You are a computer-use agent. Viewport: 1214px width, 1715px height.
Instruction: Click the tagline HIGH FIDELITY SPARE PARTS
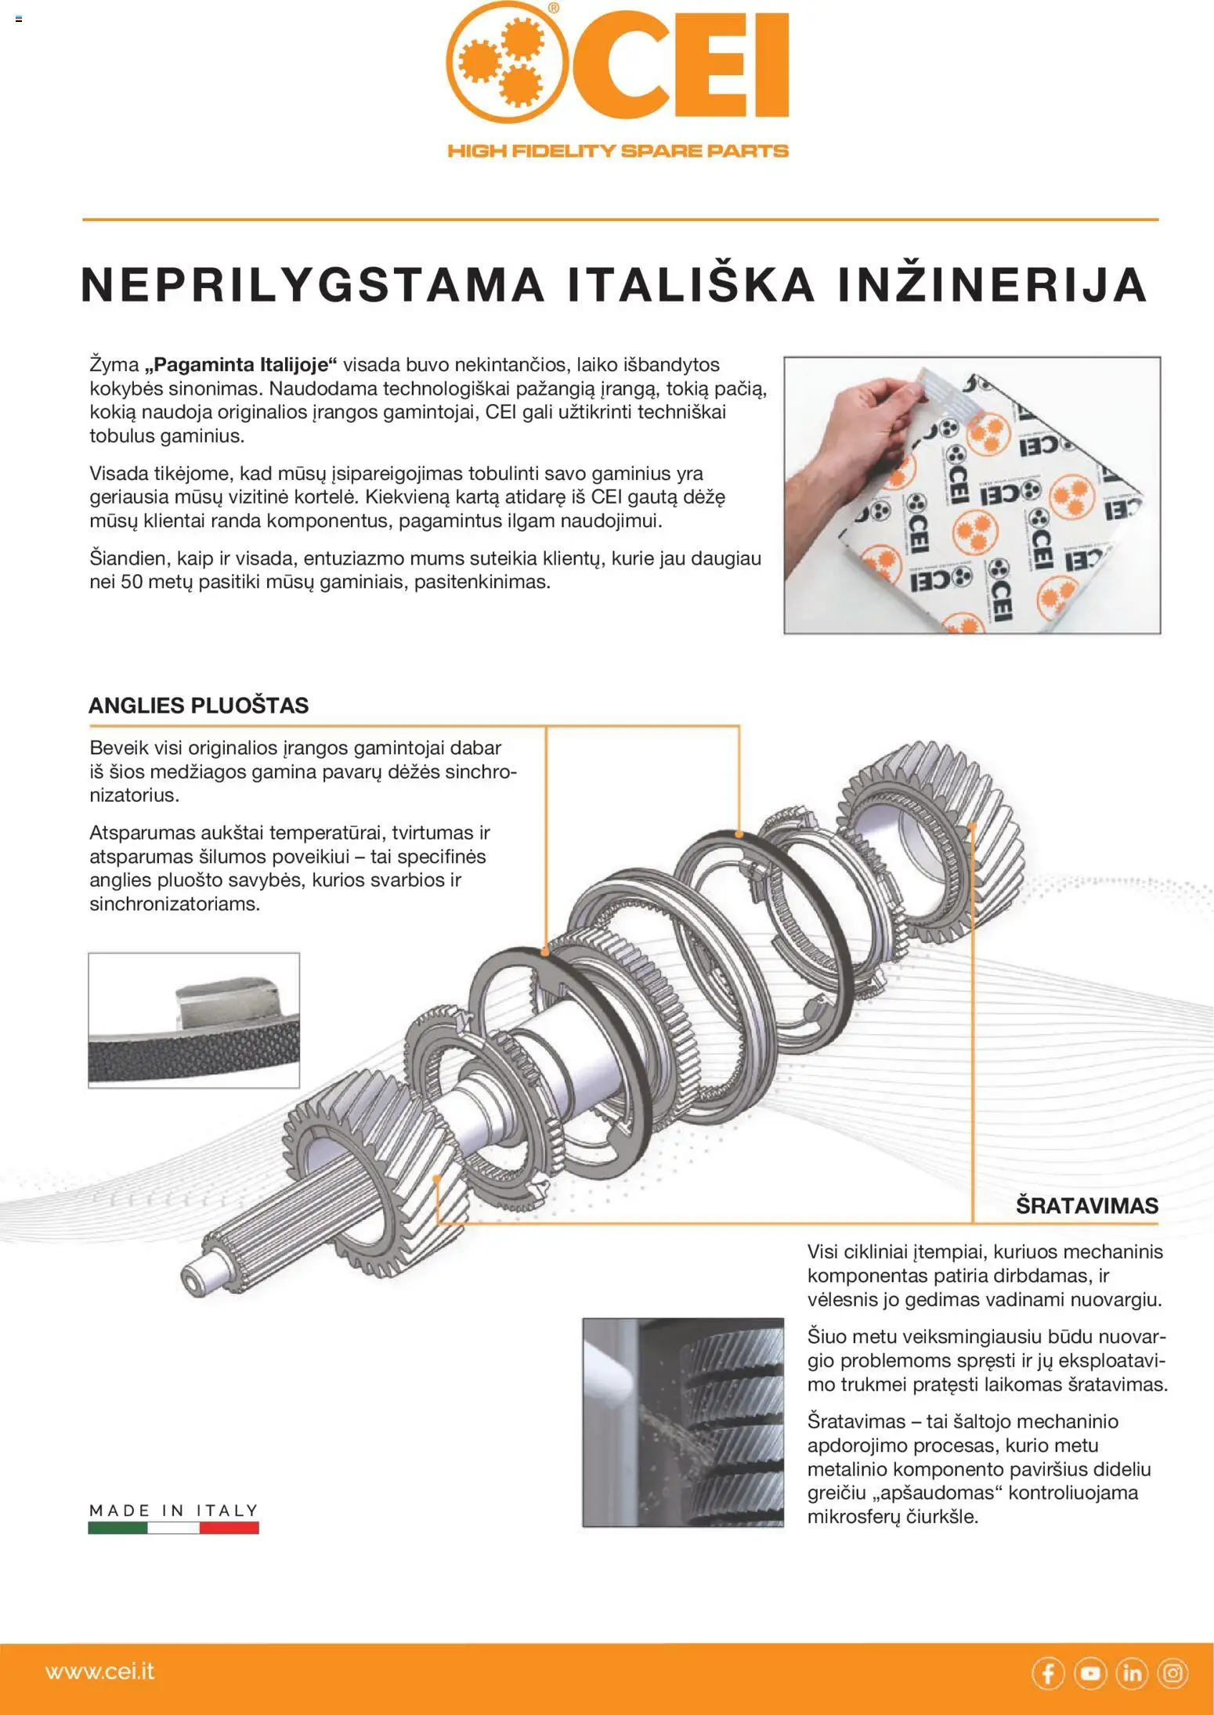[x=617, y=151]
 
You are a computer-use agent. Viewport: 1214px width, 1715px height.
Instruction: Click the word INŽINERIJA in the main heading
[x=992, y=285]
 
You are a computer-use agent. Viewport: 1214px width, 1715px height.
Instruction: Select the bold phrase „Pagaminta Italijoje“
[x=241, y=364]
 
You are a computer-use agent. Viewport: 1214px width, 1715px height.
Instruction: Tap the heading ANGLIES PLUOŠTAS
[x=198, y=705]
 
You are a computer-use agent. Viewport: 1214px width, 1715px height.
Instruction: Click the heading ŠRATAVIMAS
[x=1086, y=1205]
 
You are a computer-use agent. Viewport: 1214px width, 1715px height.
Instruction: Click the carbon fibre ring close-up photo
[x=193, y=1020]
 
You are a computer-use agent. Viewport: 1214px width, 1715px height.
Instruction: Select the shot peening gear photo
[x=682, y=1421]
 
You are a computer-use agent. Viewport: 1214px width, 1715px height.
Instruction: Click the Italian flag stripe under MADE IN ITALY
[x=173, y=1527]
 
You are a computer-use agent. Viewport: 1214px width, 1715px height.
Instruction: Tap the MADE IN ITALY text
[x=173, y=1510]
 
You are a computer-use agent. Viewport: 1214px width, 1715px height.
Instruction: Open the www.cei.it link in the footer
[x=100, y=1671]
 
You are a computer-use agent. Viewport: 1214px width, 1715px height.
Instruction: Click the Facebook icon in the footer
[x=1047, y=1673]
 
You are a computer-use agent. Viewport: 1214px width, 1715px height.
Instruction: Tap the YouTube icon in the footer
[x=1089, y=1673]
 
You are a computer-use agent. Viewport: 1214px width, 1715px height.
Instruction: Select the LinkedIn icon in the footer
[x=1131, y=1673]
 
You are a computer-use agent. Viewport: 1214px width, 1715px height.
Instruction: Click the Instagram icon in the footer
[x=1172, y=1673]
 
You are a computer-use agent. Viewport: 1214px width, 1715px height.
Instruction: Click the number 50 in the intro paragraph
[x=131, y=582]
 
